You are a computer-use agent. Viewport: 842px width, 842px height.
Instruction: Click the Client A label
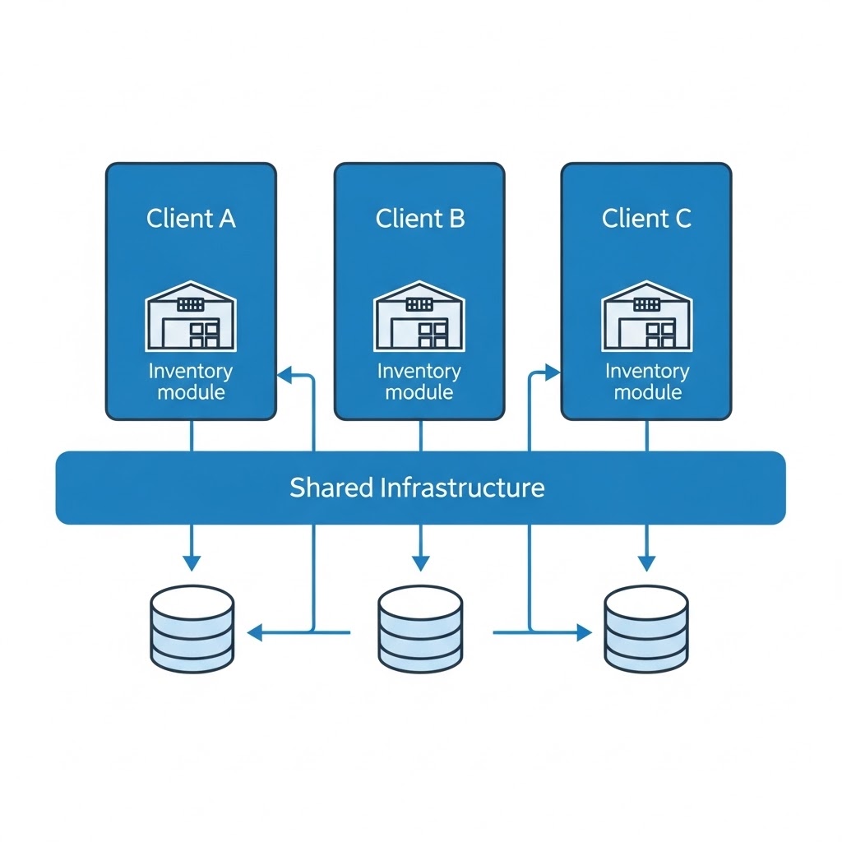191,219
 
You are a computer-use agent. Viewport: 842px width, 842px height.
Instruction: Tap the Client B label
419,219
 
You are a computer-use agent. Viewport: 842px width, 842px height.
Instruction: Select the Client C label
646,219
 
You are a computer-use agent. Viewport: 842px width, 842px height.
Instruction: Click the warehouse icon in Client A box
191,317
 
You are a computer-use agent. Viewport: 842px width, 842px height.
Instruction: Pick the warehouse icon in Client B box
419,317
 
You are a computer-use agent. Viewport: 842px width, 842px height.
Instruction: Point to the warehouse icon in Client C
647,317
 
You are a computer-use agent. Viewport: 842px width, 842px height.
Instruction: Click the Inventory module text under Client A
191,382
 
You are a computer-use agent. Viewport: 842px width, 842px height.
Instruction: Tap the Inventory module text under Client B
419,382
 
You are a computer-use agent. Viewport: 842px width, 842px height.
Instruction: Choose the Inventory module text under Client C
647,382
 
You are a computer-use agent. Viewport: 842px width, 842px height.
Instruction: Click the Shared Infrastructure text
417,488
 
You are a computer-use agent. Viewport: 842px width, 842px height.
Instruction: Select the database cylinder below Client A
192,629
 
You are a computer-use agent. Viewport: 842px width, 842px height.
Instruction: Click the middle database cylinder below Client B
419,629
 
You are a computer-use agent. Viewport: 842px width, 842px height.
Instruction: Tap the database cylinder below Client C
646,629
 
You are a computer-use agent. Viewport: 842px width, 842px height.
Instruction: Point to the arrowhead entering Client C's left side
553,373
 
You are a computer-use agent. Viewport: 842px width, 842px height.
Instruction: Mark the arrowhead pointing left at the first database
254,632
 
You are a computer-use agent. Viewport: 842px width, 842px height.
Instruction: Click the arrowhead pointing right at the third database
585,632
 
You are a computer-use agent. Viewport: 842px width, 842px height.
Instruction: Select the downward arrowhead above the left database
192,563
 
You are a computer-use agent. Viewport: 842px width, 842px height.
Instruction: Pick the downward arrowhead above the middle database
420,563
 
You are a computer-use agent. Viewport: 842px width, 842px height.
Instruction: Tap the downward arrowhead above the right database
646,563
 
